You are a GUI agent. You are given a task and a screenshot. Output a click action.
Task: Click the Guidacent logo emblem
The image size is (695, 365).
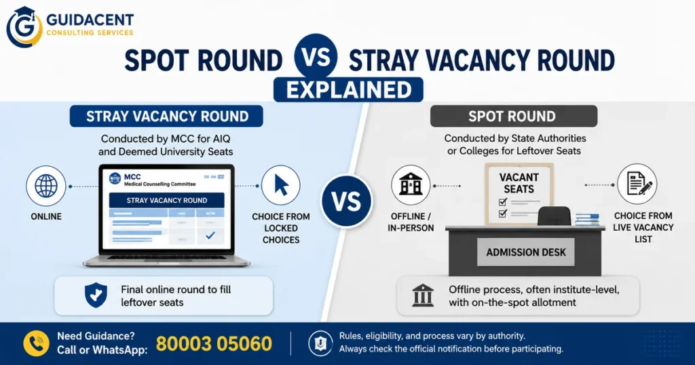pyautogui.click(x=24, y=27)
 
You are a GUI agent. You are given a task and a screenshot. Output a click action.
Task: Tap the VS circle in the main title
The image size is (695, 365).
pyautogui.click(x=316, y=56)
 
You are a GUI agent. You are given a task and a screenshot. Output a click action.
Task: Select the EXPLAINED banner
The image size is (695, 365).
pyautogui.click(x=348, y=90)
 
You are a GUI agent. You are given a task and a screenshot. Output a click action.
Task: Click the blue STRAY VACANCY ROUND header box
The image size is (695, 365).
pyautogui.click(x=166, y=116)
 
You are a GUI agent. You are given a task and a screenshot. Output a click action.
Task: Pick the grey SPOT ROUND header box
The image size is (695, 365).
pyautogui.click(x=514, y=116)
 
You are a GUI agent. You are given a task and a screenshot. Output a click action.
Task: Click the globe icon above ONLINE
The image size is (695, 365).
pyautogui.click(x=46, y=186)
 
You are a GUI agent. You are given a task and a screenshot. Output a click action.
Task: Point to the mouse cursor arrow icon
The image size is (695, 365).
pyautogui.click(x=281, y=185)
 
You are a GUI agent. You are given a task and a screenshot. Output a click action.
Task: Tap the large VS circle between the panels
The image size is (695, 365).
pyautogui.click(x=347, y=201)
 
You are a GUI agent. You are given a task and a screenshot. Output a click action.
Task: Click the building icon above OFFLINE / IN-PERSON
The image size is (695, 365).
pyautogui.click(x=411, y=185)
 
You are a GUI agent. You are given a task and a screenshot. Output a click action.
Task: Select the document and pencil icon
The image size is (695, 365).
pyautogui.click(x=637, y=185)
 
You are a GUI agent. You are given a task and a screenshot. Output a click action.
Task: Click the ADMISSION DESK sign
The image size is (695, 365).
pyautogui.click(x=526, y=252)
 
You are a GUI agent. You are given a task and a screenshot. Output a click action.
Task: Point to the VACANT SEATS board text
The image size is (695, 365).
pyautogui.click(x=519, y=183)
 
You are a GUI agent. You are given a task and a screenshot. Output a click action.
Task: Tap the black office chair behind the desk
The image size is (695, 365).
pyautogui.click(x=555, y=216)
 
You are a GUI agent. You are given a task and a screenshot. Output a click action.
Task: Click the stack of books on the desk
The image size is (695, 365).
pyautogui.click(x=587, y=219)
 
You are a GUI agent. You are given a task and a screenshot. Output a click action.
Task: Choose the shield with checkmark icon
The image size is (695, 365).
pyautogui.click(x=96, y=295)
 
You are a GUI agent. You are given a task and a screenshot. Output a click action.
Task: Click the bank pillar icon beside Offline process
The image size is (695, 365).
pyautogui.click(x=423, y=295)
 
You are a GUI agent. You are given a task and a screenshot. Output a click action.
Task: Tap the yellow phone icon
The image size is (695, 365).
pyautogui.click(x=37, y=343)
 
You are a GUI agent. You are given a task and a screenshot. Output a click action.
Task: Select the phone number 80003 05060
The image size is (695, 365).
pyautogui.click(x=214, y=344)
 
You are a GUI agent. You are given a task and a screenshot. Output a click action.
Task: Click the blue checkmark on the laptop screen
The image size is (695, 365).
pyautogui.click(x=210, y=235)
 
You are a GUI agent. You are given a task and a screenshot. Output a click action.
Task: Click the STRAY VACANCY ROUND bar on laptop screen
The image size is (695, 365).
pyautogui.click(x=167, y=200)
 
